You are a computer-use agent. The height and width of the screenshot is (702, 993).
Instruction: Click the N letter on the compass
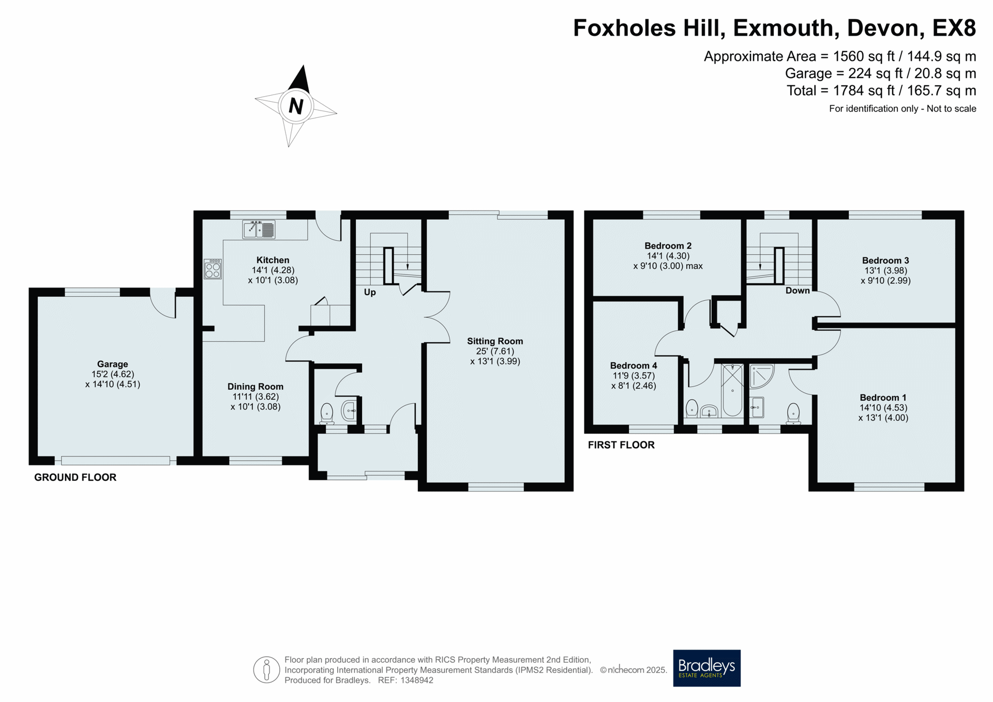296,106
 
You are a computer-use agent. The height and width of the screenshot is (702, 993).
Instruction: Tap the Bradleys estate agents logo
706,668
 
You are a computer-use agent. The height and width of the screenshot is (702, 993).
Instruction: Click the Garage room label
113,364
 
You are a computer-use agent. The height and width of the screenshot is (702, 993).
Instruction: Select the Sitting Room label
495,341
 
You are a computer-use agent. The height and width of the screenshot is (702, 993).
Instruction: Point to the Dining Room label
255,387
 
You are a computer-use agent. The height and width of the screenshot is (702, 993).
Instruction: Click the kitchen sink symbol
259,230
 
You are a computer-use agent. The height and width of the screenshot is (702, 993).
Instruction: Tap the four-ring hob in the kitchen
213,269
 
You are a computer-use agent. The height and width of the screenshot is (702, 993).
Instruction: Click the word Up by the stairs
370,292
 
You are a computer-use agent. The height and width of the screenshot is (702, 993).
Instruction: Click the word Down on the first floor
798,291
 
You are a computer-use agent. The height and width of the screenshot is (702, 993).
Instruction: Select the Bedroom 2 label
668,246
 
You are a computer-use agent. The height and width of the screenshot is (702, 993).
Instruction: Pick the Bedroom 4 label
634,365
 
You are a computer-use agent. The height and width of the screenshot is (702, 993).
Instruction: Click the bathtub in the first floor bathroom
732,390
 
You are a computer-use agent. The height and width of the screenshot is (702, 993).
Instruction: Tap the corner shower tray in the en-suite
761,376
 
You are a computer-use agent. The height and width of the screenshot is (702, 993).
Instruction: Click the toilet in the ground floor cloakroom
327,414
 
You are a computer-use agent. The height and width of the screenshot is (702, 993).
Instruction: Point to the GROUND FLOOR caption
76,477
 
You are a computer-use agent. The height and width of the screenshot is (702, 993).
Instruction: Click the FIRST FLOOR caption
621,445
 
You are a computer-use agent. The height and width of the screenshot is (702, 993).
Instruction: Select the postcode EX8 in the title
954,28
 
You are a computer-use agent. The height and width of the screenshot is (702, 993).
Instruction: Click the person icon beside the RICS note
266,670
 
